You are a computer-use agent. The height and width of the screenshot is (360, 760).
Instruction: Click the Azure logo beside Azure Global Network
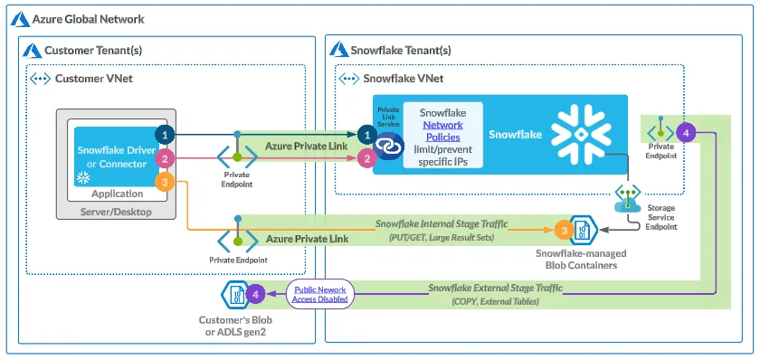pos(20,19)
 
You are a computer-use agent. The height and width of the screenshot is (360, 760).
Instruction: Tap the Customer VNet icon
pos(41,79)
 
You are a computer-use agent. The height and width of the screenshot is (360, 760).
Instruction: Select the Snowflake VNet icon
pos(349,79)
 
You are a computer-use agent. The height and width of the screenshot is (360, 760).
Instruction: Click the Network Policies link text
pos(443,131)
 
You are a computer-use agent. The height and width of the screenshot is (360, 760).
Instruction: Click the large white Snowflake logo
pos(581,134)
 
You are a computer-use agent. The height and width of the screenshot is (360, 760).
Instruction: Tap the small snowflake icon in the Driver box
pos(84,179)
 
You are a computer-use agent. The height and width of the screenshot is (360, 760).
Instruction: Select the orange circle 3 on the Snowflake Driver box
pos(165,182)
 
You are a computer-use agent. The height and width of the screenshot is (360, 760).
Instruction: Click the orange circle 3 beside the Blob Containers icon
pos(564,231)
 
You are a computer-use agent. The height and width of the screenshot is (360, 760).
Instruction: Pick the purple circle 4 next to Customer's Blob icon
pos(255,294)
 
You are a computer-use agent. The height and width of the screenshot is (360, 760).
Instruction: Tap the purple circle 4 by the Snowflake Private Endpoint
pos(686,132)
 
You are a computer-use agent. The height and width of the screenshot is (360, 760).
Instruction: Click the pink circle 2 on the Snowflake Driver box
pos(165,158)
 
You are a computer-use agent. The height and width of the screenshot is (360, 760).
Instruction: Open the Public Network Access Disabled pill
pos(318,294)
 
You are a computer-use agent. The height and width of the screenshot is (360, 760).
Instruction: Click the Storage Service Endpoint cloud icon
pos(628,199)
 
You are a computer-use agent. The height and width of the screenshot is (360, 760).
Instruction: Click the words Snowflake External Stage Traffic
pos(496,288)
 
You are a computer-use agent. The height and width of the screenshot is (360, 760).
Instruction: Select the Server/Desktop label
pos(116,212)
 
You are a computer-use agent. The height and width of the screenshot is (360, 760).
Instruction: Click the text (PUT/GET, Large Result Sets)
pos(442,238)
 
